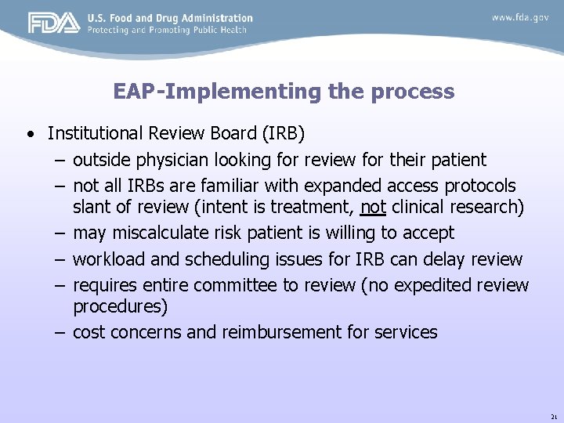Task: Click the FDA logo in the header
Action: tap(54, 23)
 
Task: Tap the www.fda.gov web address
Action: tap(520, 17)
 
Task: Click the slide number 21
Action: tap(553, 417)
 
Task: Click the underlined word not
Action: tap(373, 208)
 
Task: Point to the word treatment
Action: tap(317, 208)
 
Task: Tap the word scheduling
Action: tap(219, 258)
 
